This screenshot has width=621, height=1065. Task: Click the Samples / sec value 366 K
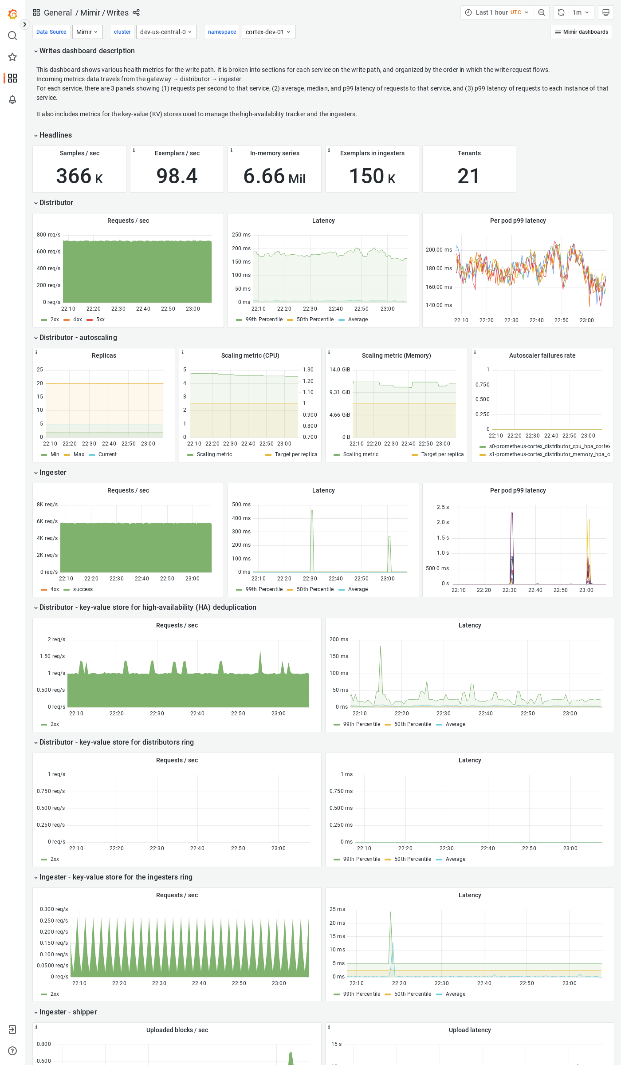click(x=79, y=176)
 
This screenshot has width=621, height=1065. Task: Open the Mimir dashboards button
click(x=581, y=32)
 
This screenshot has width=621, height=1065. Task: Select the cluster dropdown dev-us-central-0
click(x=166, y=32)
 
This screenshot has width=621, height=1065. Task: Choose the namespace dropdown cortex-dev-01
click(x=268, y=32)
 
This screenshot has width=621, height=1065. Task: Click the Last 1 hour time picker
click(x=497, y=12)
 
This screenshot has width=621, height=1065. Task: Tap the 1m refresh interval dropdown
click(x=581, y=12)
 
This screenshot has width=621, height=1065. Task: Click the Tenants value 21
click(x=469, y=176)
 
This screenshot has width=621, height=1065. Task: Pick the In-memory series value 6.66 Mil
click(x=274, y=176)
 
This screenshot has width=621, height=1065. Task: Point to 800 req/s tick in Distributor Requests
click(x=48, y=235)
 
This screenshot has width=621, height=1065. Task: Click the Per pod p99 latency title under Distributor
click(x=518, y=221)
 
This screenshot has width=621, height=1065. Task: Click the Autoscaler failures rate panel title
click(x=542, y=355)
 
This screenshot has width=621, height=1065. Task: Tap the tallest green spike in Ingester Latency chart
click(x=312, y=511)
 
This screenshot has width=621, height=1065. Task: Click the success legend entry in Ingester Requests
click(x=83, y=589)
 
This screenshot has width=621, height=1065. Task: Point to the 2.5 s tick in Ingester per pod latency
click(x=443, y=507)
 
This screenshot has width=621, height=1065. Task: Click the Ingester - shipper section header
click(x=68, y=1012)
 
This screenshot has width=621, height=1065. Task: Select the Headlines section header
click(x=55, y=135)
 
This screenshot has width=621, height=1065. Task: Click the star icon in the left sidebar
click(x=12, y=57)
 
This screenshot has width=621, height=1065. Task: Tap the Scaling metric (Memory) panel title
click(x=396, y=355)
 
